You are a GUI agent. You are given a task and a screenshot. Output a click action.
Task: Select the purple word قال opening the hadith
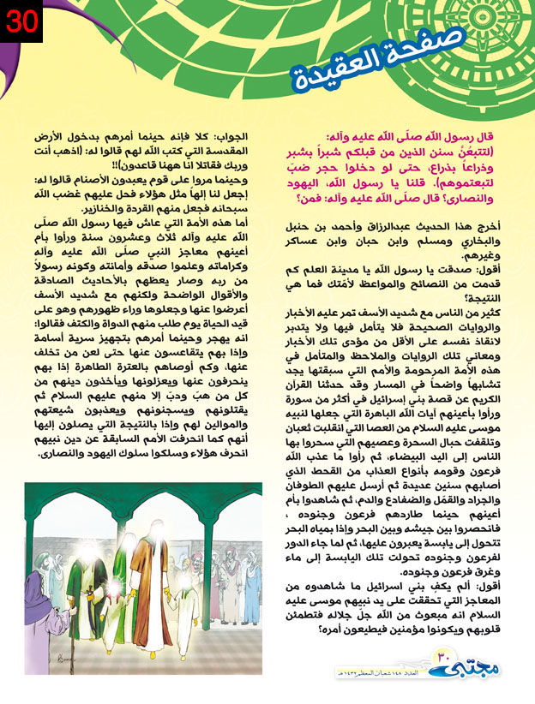507,136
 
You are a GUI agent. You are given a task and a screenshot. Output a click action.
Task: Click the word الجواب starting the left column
235,136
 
